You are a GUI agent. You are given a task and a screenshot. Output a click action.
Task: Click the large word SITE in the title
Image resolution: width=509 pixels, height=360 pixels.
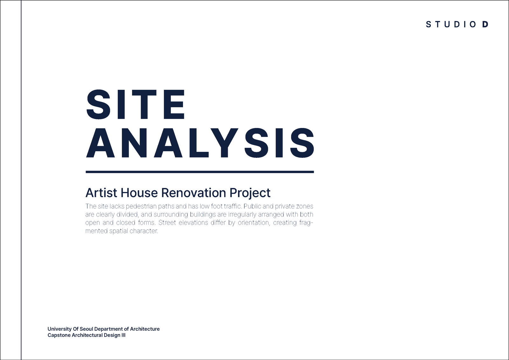point(136,104)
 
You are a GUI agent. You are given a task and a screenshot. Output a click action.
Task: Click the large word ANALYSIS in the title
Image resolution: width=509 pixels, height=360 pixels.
point(200,143)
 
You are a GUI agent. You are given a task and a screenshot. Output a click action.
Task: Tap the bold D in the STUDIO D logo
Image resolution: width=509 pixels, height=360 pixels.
point(485,24)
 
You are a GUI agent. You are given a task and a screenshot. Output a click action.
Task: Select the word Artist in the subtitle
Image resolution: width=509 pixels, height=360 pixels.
point(101,193)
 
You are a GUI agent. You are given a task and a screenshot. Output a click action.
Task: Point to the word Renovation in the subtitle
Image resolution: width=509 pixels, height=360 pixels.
point(194,193)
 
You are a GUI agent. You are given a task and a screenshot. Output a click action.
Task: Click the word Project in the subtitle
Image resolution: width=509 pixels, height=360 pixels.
point(250,193)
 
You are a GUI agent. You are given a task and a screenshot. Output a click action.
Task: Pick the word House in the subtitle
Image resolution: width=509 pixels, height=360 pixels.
point(139,193)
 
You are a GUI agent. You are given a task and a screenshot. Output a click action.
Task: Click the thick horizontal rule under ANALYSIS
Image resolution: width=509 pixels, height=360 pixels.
point(200,172)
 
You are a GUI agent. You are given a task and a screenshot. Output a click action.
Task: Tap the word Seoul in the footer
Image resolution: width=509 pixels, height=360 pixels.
point(86,329)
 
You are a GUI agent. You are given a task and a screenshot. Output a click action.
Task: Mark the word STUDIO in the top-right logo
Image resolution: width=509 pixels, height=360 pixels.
point(451,24)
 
